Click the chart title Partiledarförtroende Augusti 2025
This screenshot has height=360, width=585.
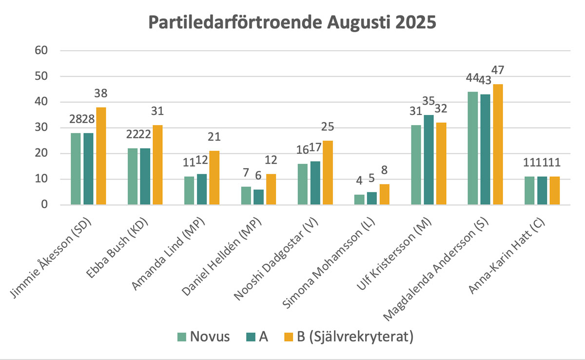coord(292,23)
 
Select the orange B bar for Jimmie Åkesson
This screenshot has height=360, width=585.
coord(101,156)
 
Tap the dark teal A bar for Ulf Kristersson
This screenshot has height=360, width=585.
coord(429,160)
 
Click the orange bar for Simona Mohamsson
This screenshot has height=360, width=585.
coord(385,194)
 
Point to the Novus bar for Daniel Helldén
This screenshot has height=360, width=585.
coord(246,196)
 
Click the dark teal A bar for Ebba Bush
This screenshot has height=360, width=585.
coord(145,176)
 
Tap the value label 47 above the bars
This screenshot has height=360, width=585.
coord(498,70)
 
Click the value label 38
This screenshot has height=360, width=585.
coord(101,94)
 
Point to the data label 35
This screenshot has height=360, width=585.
coord(429,101)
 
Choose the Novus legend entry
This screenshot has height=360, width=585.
coord(203,337)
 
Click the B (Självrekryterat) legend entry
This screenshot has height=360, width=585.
coord(348,337)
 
